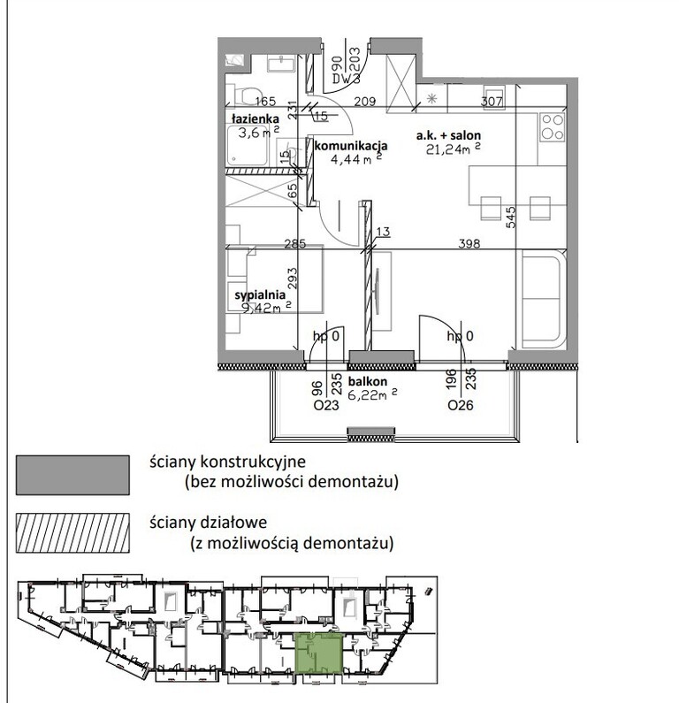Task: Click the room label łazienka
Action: pyautogui.click(x=256, y=118)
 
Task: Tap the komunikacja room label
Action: pyautogui.click(x=351, y=146)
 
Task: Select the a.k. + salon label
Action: pyautogui.click(x=448, y=135)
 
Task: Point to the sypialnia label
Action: pyautogui.click(x=260, y=295)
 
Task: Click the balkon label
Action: pyautogui.click(x=368, y=381)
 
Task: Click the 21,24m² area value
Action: pyautogui.click(x=454, y=149)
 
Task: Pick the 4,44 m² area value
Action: pyautogui.click(x=356, y=158)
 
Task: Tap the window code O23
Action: pyautogui.click(x=326, y=406)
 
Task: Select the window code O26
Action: pyautogui.click(x=461, y=406)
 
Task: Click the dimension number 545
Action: pyautogui.click(x=510, y=217)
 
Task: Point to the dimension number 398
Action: pyautogui.click(x=469, y=243)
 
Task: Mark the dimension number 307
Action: pyautogui.click(x=492, y=102)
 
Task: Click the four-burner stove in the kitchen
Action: pyautogui.click(x=553, y=127)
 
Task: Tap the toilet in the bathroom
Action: pyautogui.click(x=246, y=94)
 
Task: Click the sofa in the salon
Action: pyautogui.click(x=541, y=299)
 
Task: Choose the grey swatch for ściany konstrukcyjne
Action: pyautogui.click(x=72, y=475)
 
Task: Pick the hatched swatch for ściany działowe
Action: pyautogui.click(x=72, y=532)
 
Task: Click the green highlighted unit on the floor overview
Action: pyautogui.click(x=318, y=653)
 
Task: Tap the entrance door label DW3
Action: pyautogui.click(x=346, y=79)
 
